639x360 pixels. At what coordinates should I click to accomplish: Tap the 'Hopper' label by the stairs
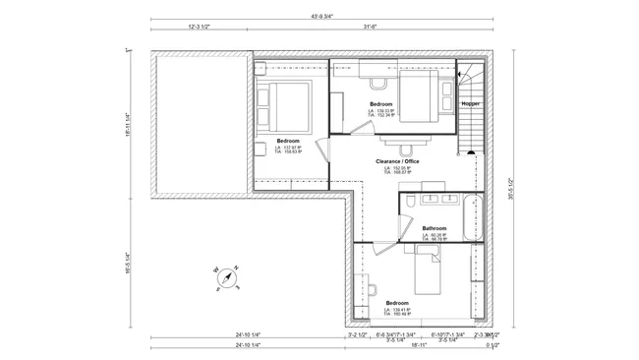pyautogui.click(x=470, y=102)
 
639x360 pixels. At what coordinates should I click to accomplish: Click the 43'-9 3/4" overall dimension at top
pyautogui.click(x=320, y=17)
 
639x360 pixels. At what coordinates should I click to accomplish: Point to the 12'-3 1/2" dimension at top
pyautogui.click(x=201, y=27)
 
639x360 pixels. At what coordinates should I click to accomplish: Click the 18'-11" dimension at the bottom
pyautogui.click(x=418, y=346)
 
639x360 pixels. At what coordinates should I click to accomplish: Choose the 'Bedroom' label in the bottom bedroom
pyautogui.click(x=397, y=302)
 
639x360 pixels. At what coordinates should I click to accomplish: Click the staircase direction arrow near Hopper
pyautogui.click(x=459, y=74)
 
